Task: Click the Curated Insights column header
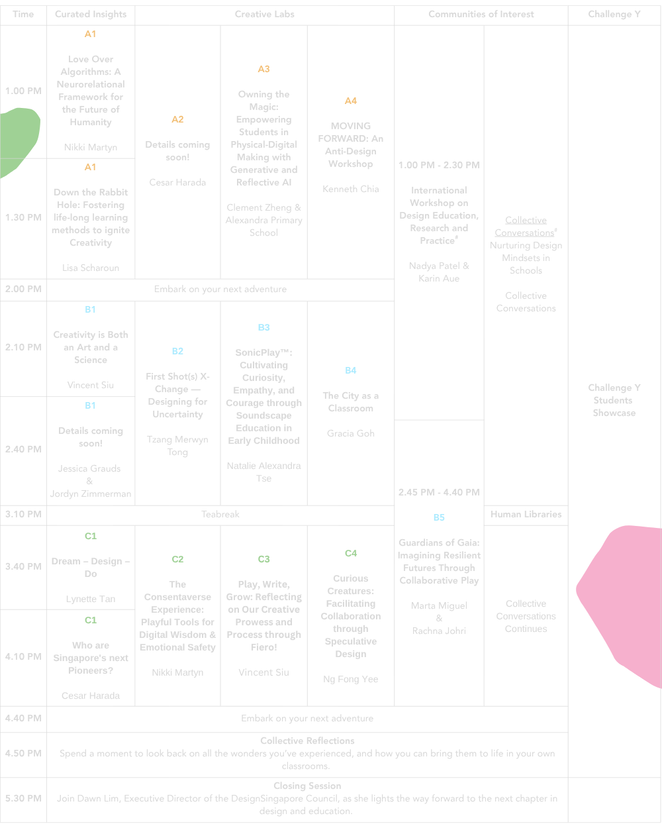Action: point(90,14)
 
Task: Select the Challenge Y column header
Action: point(614,14)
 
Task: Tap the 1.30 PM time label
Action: point(23,217)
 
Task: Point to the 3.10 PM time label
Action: point(23,514)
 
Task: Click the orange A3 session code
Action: point(263,69)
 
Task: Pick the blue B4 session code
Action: point(350,370)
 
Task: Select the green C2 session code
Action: point(177,559)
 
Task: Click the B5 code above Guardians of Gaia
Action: point(438,517)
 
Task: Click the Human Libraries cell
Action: point(526,514)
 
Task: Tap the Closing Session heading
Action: point(307,786)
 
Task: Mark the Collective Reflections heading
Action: point(307,741)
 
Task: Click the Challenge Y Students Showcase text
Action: point(614,400)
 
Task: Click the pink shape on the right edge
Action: point(622,596)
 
